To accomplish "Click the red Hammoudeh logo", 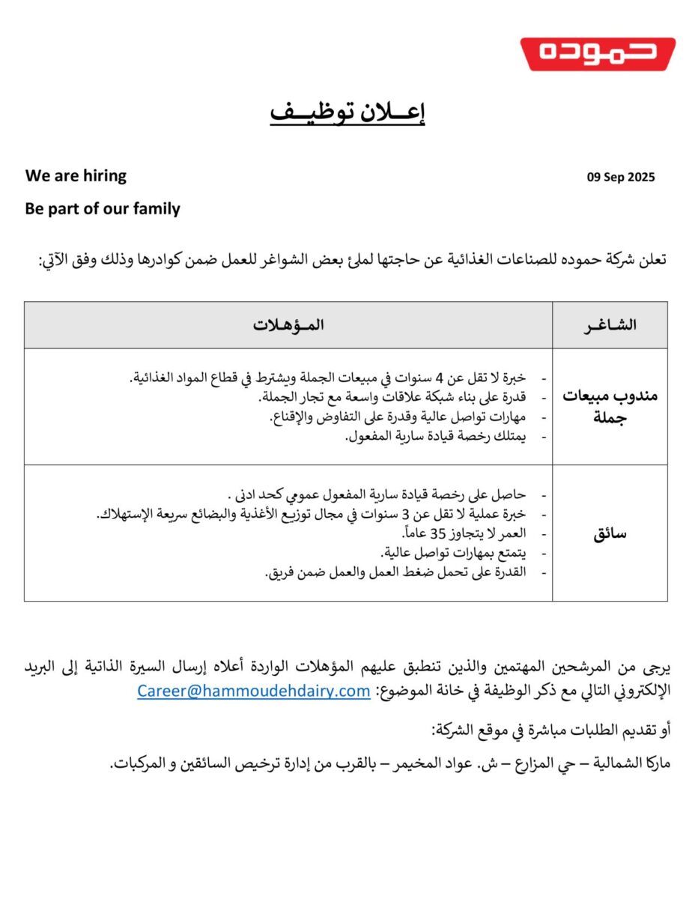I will tap(598, 54).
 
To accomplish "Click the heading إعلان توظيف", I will tap(347, 113).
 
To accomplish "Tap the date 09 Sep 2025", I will tap(620, 178).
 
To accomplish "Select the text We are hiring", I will tap(76, 176).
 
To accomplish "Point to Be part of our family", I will tap(103, 209).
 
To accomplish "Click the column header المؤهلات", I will tap(288, 325).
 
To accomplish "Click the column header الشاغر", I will tap(610, 325).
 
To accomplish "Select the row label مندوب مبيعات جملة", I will tap(610, 406).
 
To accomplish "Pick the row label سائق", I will tap(611, 533).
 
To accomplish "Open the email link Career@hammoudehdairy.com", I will tap(253, 691).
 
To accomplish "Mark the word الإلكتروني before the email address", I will tap(635, 691).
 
